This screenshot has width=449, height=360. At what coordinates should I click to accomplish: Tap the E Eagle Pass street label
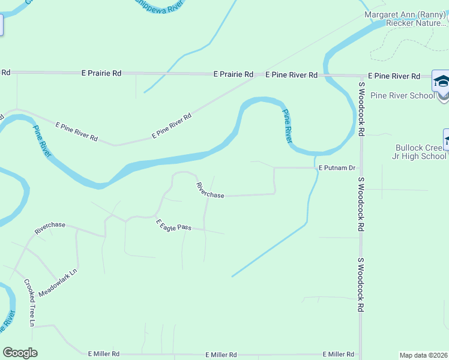(173, 226)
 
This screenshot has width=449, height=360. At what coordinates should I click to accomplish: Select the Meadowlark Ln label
(58, 283)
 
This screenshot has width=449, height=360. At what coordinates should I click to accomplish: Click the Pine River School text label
(403, 95)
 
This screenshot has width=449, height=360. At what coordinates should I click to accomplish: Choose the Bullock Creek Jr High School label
(421, 152)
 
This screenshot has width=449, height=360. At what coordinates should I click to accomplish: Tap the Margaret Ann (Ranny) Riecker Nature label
(406, 19)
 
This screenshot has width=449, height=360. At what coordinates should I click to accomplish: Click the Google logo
(20, 353)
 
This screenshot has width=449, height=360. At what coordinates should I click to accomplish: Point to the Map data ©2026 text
(424, 355)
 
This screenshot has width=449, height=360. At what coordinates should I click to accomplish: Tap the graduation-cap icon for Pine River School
(441, 81)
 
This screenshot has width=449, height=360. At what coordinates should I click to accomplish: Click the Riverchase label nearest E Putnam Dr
(210, 190)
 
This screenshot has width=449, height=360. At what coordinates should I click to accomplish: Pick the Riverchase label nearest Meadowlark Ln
(50, 228)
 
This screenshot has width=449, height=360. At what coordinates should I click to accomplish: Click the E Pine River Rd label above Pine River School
(394, 76)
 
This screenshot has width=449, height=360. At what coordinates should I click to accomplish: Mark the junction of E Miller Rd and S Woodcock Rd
(361, 355)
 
